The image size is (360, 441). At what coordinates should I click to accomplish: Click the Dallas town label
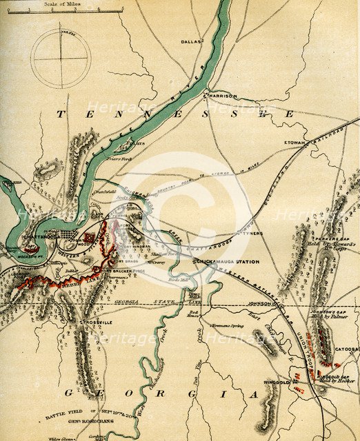[x=191, y=41]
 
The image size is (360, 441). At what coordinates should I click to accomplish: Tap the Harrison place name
[x=221, y=96]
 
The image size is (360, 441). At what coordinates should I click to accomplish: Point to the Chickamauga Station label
[x=219, y=262]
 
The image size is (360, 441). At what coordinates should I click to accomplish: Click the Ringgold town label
[x=278, y=379]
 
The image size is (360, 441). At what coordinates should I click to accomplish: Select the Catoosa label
[x=346, y=349]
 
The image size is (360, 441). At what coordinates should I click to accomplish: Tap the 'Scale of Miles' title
[x=60, y=3]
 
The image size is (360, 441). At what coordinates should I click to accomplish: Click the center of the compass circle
[x=61, y=57]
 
